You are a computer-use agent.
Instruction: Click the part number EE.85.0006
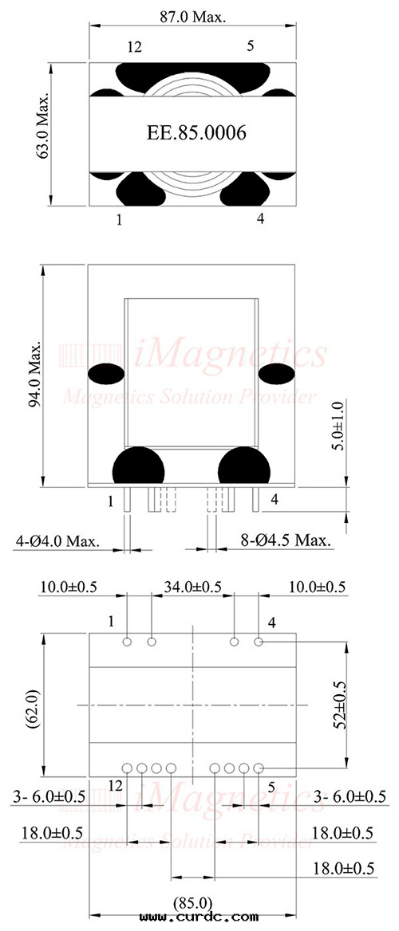coord(196,133)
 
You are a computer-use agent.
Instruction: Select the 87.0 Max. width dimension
coord(193,17)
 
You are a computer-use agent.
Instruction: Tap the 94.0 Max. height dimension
coord(36,375)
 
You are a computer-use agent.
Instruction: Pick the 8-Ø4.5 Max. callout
coord(286,541)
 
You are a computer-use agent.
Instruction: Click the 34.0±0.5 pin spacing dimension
coord(192,587)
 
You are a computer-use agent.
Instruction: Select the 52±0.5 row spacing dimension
coord(338,704)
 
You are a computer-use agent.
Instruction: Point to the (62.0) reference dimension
coord(33,705)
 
